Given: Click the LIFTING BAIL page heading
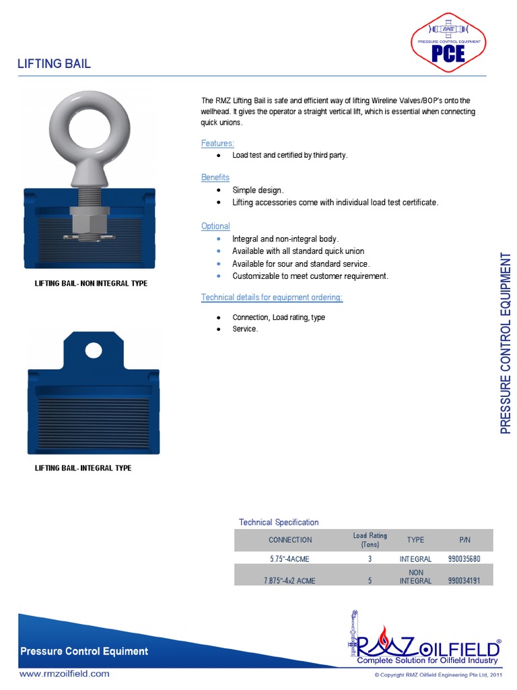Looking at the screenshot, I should click(54, 64).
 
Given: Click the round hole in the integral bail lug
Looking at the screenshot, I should click(93, 350).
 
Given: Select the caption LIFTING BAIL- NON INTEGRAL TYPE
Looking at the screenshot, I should click(91, 284).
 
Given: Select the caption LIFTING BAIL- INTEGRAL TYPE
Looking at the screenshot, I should click(83, 468).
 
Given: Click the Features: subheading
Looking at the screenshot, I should click(217, 144).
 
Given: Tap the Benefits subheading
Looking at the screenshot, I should click(215, 177).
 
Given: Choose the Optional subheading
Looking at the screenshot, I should click(215, 226).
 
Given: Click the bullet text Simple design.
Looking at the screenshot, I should click(258, 191).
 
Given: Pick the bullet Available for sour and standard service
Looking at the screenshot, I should click(301, 264).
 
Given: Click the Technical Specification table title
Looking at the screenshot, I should click(279, 522).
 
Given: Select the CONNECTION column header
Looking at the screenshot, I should click(290, 540).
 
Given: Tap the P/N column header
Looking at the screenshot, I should click(464, 540).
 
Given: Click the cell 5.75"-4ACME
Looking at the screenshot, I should click(290, 559).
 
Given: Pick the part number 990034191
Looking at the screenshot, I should click(464, 580).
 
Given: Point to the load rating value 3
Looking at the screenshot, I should click(370, 559).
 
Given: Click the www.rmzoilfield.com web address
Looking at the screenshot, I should click(64, 673).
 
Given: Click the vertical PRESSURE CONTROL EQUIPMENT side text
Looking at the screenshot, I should click(506, 344).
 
